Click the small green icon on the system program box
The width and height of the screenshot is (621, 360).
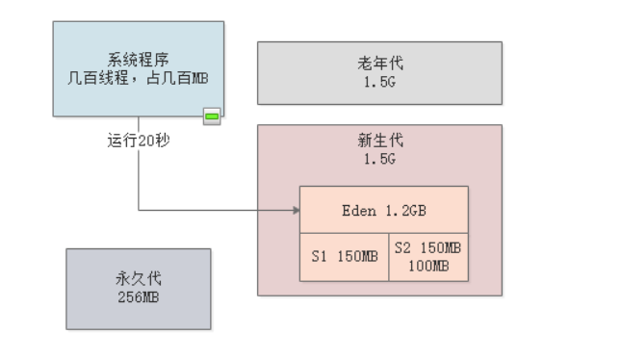coord(212,116)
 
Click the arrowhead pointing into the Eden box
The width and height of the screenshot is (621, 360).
coord(294,210)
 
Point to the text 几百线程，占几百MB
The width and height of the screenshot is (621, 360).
coord(139,78)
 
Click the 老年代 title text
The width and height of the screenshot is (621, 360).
coord(379,64)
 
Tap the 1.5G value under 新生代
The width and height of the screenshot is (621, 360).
coord(379,159)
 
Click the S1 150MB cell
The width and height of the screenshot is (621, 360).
coord(344,257)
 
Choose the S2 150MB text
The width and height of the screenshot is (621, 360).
coord(428,248)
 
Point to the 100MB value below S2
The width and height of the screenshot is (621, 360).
coord(428,265)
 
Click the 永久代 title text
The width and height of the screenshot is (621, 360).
coord(138,279)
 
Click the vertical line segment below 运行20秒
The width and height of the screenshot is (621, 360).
coord(139,178)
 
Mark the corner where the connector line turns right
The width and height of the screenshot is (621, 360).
coord(139,210)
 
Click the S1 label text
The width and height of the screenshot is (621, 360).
coord(320,257)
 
